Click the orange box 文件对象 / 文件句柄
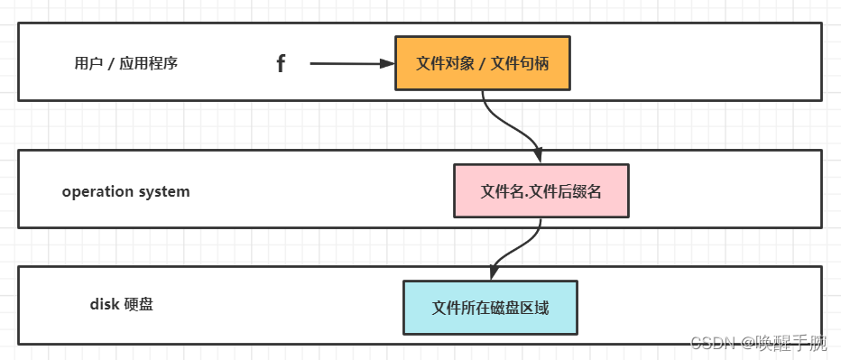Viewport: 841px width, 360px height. tap(482, 63)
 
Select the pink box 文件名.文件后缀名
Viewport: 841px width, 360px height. tap(541, 191)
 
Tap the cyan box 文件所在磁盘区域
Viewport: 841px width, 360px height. tap(489, 308)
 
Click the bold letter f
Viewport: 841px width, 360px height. tap(281, 63)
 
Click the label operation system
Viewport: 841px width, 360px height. tap(125, 191)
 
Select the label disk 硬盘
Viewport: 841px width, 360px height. tap(121, 304)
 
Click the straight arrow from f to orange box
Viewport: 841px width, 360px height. tap(347, 63)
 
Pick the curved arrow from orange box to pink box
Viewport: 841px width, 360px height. tap(511, 126)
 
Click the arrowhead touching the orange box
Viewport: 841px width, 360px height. tap(388, 63)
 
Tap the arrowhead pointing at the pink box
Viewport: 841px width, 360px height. tap(539, 156)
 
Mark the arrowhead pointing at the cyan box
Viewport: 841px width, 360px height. tap(494, 272)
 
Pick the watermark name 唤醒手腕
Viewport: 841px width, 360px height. tap(791, 343)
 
